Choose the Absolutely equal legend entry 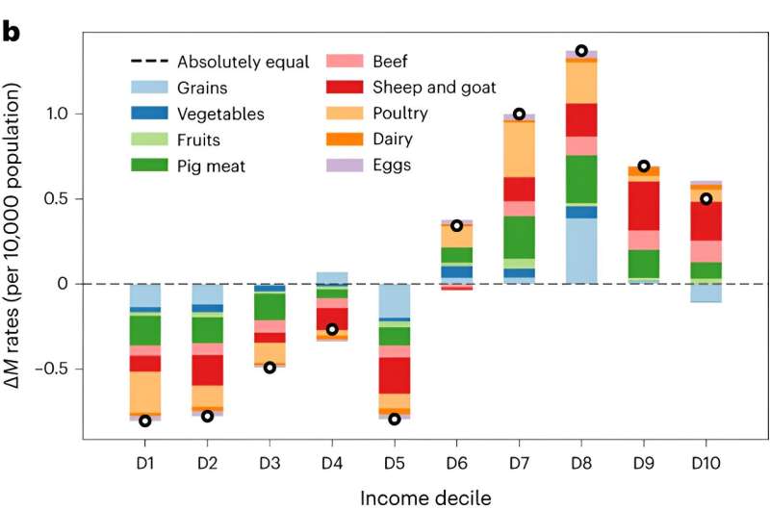[243, 63]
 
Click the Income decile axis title [424, 496]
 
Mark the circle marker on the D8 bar [581, 50]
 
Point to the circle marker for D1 [145, 421]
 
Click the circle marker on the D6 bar [457, 225]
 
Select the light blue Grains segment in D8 [581, 250]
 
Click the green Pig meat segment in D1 [145, 330]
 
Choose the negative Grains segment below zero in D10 [706, 293]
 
